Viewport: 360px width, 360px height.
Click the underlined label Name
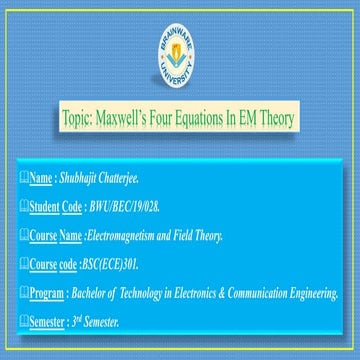pos(41,179)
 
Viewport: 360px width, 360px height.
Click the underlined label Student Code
pos(56,208)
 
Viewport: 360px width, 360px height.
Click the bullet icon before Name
pos(24,179)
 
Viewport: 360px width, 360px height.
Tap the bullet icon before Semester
pos(24,322)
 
